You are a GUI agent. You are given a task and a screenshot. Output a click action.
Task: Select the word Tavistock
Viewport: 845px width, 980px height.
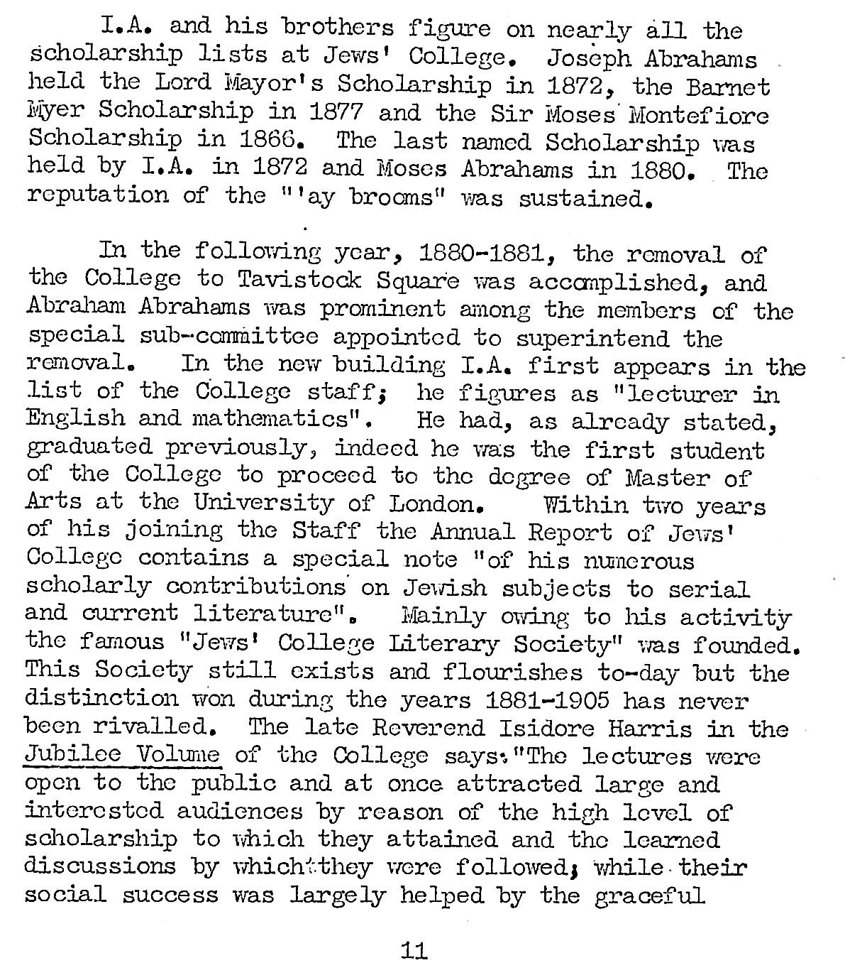pyautogui.click(x=299, y=282)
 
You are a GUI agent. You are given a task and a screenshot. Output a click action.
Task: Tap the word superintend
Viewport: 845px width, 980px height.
pyautogui.click(x=592, y=338)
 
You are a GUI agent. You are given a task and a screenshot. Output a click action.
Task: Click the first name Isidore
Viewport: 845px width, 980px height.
pyautogui.click(x=542, y=728)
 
